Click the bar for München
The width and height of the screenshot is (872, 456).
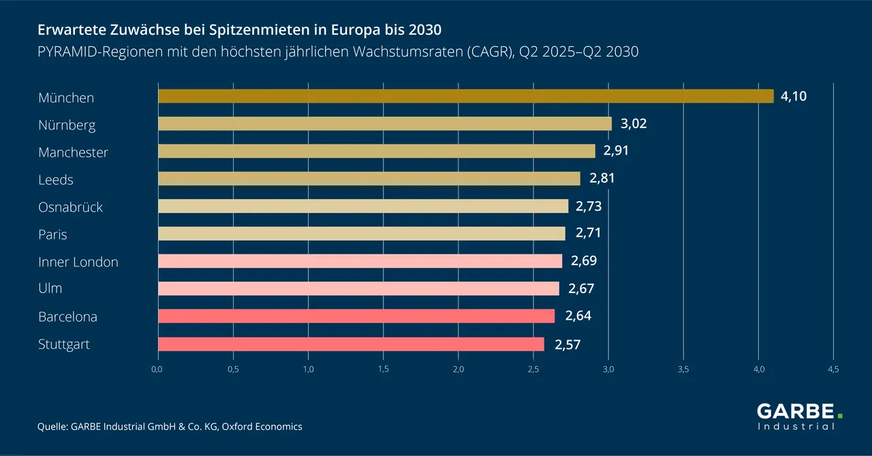pyautogui.click(x=466, y=96)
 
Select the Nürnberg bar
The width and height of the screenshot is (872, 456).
pyautogui.click(x=385, y=123)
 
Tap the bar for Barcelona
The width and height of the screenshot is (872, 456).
pyautogui.click(x=356, y=316)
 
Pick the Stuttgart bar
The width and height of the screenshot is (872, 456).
pyautogui.click(x=351, y=344)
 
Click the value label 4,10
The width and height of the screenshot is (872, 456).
pyautogui.click(x=794, y=96)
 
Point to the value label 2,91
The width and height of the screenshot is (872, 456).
pyautogui.click(x=616, y=151)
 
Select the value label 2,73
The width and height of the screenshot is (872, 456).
pyautogui.click(x=589, y=206)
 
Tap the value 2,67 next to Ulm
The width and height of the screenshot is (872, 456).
pyautogui.click(x=581, y=288)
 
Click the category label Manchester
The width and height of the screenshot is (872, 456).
pyautogui.click(x=73, y=152)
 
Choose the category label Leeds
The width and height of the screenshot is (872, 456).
pyautogui.click(x=56, y=180)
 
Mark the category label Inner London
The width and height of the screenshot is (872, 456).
pyautogui.click(x=78, y=262)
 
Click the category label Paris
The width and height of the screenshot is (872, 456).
pyautogui.click(x=52, y=234)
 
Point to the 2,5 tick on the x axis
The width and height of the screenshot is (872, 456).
pyautogui.click(x=533, y=369)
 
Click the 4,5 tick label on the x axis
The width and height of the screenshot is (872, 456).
pyautogui.click(x=833, y=369)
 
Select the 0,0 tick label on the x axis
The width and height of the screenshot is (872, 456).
pyautogui.click(x=157, y=369)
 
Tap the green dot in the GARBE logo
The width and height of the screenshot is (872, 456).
pyautogui.click(x=840, y=414)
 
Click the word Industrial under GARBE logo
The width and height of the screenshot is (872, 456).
pyautogui.click(x=796, y=427)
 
